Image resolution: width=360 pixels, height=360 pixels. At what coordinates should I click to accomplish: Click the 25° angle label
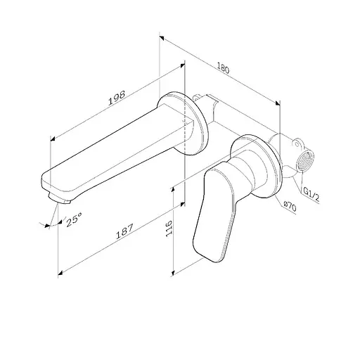(74, 220)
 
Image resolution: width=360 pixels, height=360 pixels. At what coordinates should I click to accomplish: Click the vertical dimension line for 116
(174, 232)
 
